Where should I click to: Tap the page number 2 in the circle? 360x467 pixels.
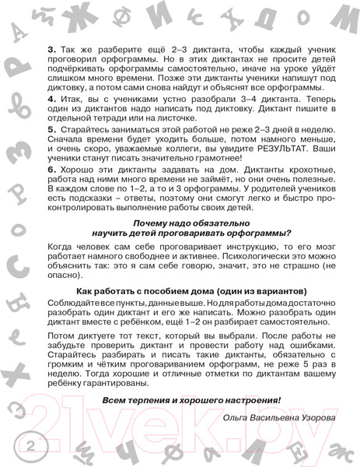(x=30, y=447)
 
